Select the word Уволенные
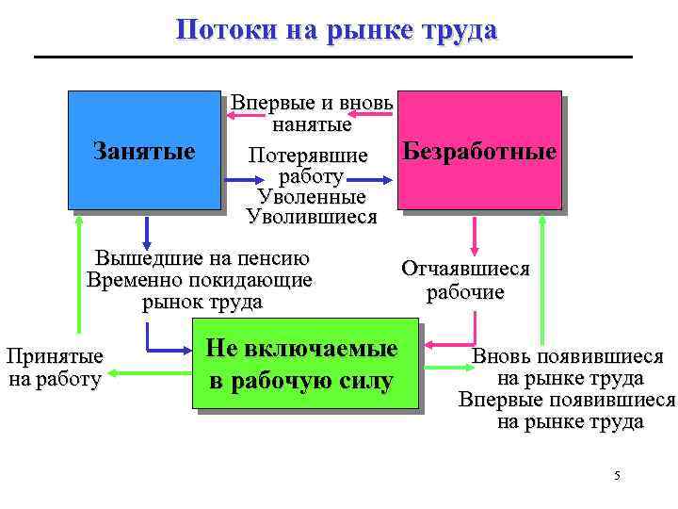point(311,197)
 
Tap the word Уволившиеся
point(311,217)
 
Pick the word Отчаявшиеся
point(465,269)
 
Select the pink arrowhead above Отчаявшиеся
point(474,247)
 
